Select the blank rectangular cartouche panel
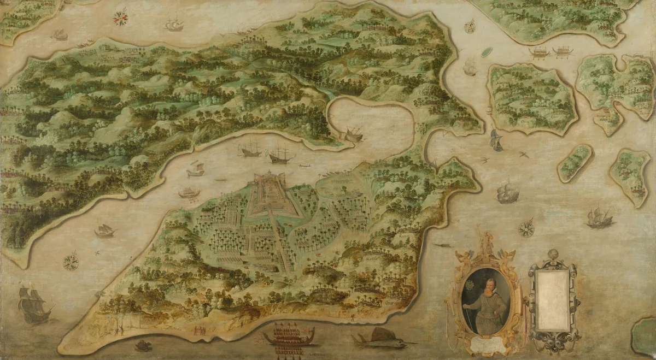point(552,300)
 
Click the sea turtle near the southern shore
point(144,345)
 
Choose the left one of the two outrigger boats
point(540,52)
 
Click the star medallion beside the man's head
point(470,285)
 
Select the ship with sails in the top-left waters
point(174,24)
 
